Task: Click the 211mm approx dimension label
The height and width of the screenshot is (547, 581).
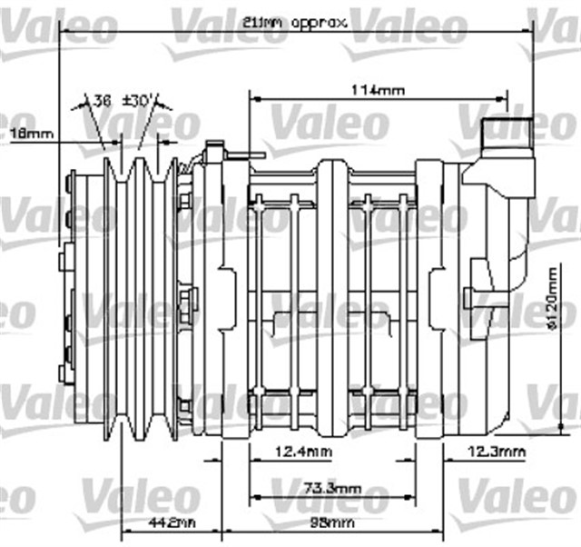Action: coord(294,24)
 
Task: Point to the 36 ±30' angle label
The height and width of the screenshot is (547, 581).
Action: coord(127,101)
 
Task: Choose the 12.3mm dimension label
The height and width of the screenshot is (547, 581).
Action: coord(496,450)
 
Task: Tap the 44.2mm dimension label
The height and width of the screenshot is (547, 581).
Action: coord(171,524)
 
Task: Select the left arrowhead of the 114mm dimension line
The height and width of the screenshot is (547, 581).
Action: coord(254,98)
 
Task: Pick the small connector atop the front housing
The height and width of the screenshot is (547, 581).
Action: coord(214,150)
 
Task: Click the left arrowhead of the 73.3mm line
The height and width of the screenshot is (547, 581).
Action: coord(254,497)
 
